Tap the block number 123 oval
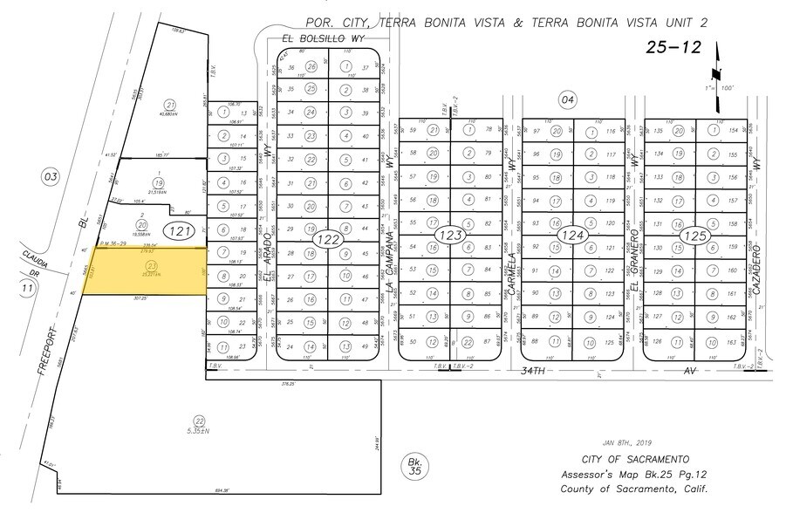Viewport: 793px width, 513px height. click(450, 236)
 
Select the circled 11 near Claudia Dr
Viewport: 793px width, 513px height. click(28, 288)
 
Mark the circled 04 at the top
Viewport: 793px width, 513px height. click(569, 100)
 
